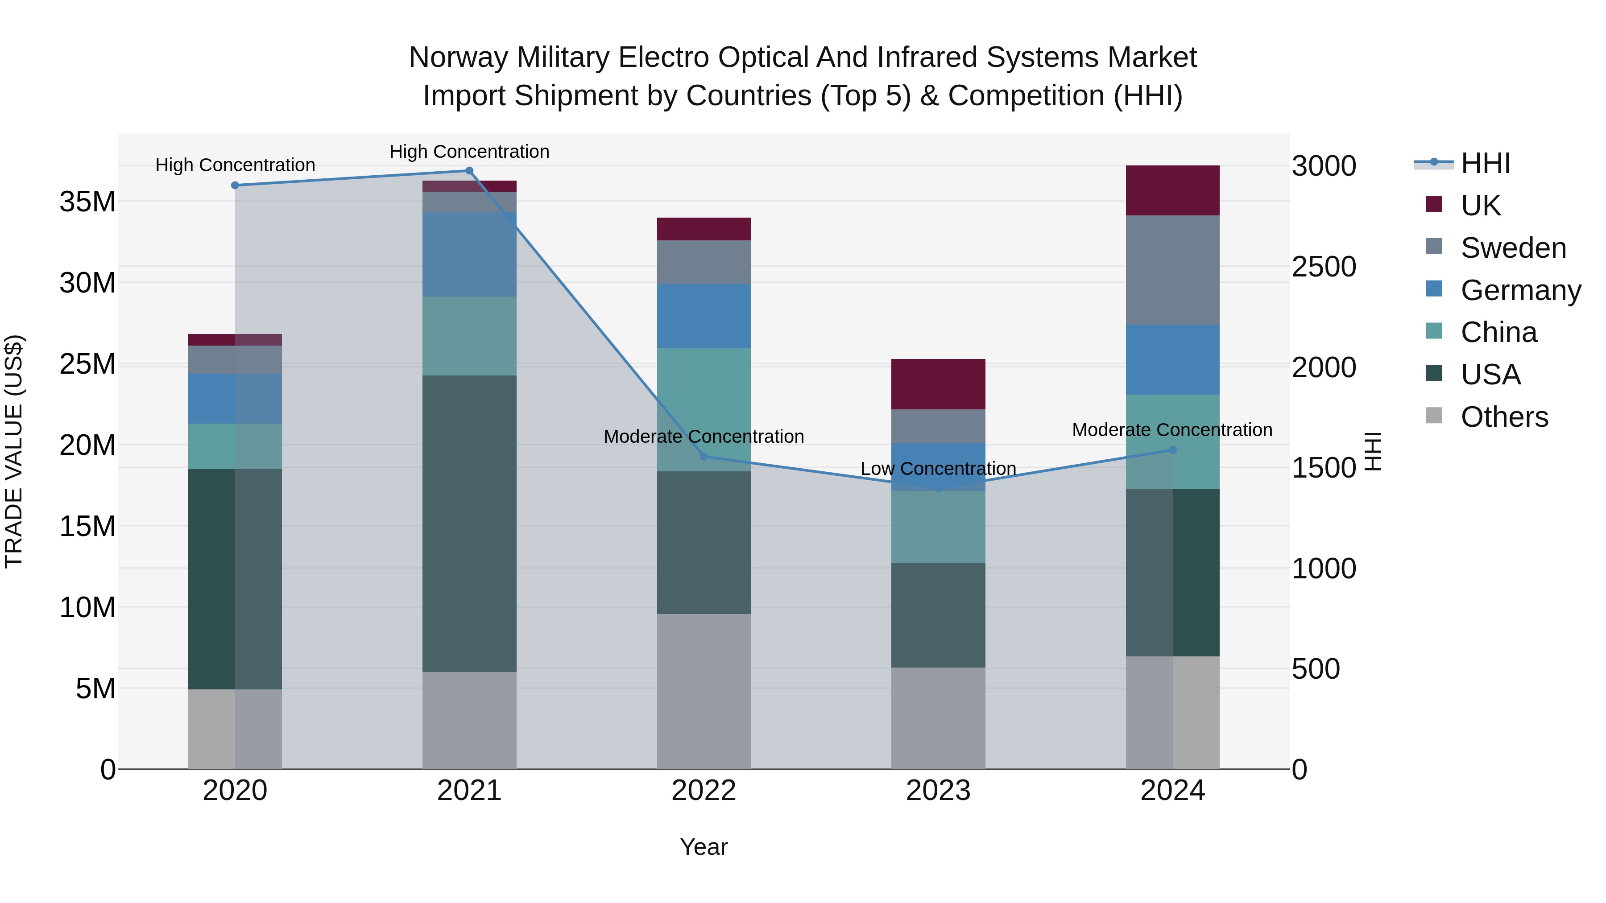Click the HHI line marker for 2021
(469, 171)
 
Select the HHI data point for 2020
(235, 186)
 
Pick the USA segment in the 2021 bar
(469, 524)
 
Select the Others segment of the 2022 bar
(704, 692)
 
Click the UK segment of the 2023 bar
(938, 384)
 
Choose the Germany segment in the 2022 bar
(704, 316)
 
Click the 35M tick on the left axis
(87, 202)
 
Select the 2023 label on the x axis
(938, 791)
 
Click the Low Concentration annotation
(938, 469)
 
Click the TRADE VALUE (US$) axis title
(14, 451)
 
